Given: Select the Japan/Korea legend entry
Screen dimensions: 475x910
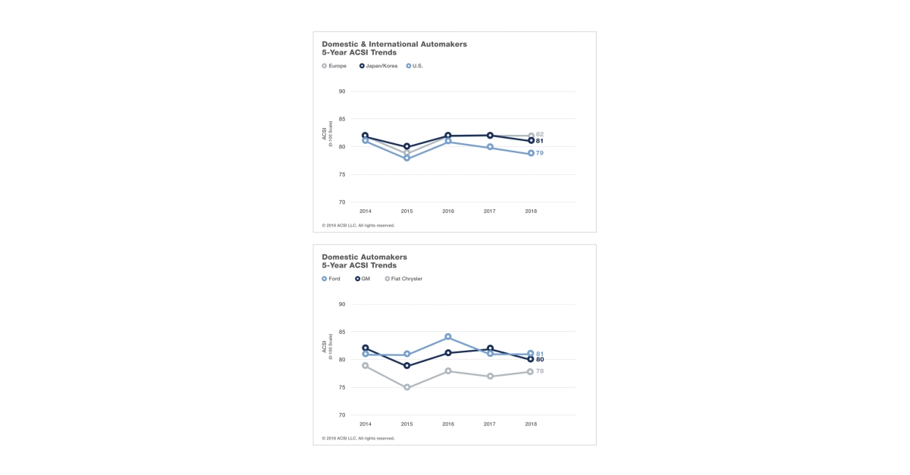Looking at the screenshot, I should point(378,66).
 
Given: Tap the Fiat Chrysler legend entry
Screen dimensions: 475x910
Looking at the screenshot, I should point(403,279).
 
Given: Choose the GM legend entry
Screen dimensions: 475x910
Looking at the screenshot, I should point(362,279).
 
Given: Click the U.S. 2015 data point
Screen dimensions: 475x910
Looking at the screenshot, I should point(406,158).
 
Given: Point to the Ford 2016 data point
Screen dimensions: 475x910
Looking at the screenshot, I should point(448,336).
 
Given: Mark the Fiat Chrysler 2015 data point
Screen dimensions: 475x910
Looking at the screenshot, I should point(406,387).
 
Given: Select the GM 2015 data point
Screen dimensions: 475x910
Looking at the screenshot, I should point(406,366).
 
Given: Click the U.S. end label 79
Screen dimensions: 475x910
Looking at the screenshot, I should point(540,153).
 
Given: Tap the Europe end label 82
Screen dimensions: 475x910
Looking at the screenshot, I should point(540,134).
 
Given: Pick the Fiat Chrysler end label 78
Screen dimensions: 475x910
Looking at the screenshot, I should point(540,371).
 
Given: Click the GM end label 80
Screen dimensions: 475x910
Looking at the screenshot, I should point(540,359).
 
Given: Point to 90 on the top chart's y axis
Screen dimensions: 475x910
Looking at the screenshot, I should point(342,92).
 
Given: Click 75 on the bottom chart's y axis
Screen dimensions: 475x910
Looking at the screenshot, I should point(342,387).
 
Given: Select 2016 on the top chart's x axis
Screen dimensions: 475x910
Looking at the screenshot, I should point(448,211).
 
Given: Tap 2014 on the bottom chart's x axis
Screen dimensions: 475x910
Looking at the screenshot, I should point(366,424).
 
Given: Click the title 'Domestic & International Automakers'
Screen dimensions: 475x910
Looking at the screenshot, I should point(394,44).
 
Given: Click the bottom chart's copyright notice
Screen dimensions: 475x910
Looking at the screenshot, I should point(358,438).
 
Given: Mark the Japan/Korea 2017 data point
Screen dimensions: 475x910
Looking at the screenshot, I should point(490,136).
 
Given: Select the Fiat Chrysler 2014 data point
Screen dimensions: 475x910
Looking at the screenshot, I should point(366,366).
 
